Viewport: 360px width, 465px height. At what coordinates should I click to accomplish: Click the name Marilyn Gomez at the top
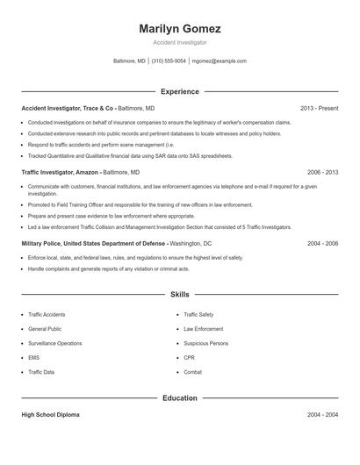coord(179,29)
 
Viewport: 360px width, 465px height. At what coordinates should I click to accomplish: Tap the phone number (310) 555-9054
coord(169,61)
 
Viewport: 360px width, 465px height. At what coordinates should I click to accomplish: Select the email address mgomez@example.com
coord(219,61)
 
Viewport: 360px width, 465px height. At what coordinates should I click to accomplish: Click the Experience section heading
coord(180,91)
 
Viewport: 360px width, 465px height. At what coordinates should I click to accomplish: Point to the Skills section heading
coord(180,295)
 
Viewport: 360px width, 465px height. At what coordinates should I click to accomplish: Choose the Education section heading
coord(180,397)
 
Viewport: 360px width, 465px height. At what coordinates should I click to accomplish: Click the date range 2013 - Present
coord(319,108)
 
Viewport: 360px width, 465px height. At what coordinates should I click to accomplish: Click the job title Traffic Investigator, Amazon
coord(61,172)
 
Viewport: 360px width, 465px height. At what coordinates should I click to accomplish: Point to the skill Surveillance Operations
coord(54,343)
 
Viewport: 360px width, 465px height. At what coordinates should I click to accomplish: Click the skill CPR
coord(189,358)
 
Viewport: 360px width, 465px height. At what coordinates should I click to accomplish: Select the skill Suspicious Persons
coord(205,343)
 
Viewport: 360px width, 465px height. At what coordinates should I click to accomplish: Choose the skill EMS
coord(34,358)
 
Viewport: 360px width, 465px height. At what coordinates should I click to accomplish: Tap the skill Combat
coord(192,372)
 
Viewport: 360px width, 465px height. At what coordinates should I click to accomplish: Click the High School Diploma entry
coord(50,414)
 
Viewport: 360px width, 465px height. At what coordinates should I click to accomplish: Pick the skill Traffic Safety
coord(198,314)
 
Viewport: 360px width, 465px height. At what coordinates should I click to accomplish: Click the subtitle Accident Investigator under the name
coord(179,42)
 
